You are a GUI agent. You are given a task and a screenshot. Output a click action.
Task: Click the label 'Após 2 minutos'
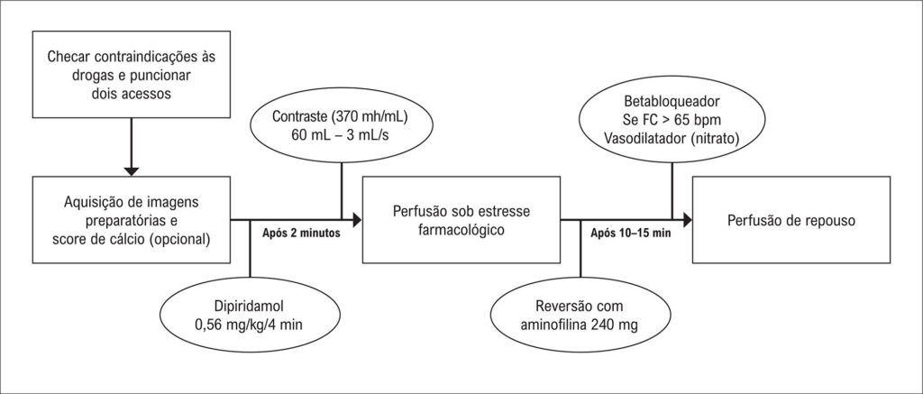[300, 233]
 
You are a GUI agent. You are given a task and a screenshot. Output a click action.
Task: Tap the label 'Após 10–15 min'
[630, 233]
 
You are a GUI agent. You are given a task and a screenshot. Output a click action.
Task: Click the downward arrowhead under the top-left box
[132, 170]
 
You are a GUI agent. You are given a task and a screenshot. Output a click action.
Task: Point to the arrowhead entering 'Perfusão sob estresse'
[357, 220]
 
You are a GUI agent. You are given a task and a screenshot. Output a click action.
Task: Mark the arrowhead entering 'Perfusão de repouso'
[687, 220]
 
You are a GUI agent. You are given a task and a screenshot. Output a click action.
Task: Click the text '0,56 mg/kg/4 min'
[250, 324]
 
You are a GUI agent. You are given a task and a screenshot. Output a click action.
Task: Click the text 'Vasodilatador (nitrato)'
[672, 140]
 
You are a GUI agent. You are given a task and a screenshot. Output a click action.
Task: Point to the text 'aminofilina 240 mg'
[580, 324]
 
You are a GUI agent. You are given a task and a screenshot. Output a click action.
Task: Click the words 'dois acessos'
[132, 93]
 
